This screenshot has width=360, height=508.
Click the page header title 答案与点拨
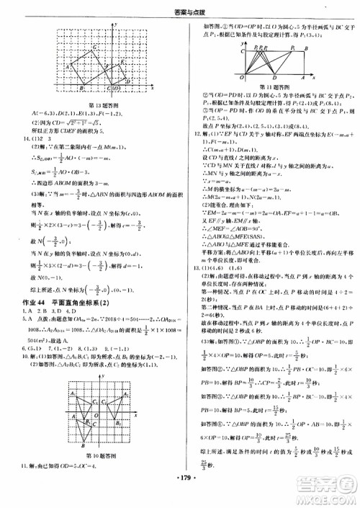(180, 8)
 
